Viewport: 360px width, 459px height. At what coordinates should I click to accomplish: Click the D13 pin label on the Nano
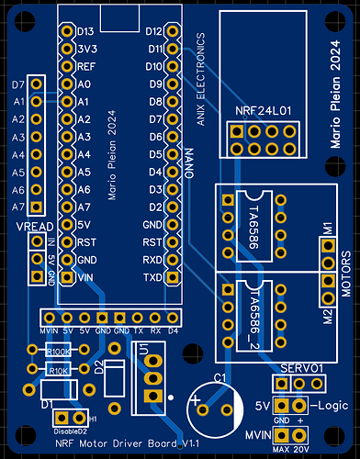pos(85,32)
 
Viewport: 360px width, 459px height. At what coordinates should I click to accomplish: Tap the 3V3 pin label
pos(85,50)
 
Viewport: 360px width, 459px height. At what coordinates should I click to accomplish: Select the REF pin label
pos(85,67)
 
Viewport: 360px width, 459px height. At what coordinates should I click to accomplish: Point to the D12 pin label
pos(153,32)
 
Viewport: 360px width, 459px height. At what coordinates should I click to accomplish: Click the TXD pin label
pos(152,276)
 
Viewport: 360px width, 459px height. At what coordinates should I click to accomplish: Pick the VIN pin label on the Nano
pos(84,276)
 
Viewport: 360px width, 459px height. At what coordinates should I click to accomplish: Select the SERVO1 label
pos(302,367)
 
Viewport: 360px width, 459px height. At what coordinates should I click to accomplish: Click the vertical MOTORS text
pos(346,270)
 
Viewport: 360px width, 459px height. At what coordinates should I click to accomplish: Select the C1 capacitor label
pos(220,377)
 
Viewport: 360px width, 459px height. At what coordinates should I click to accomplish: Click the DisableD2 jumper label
pos(71,430)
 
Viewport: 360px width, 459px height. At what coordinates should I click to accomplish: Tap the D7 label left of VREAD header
pos(17,84)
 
